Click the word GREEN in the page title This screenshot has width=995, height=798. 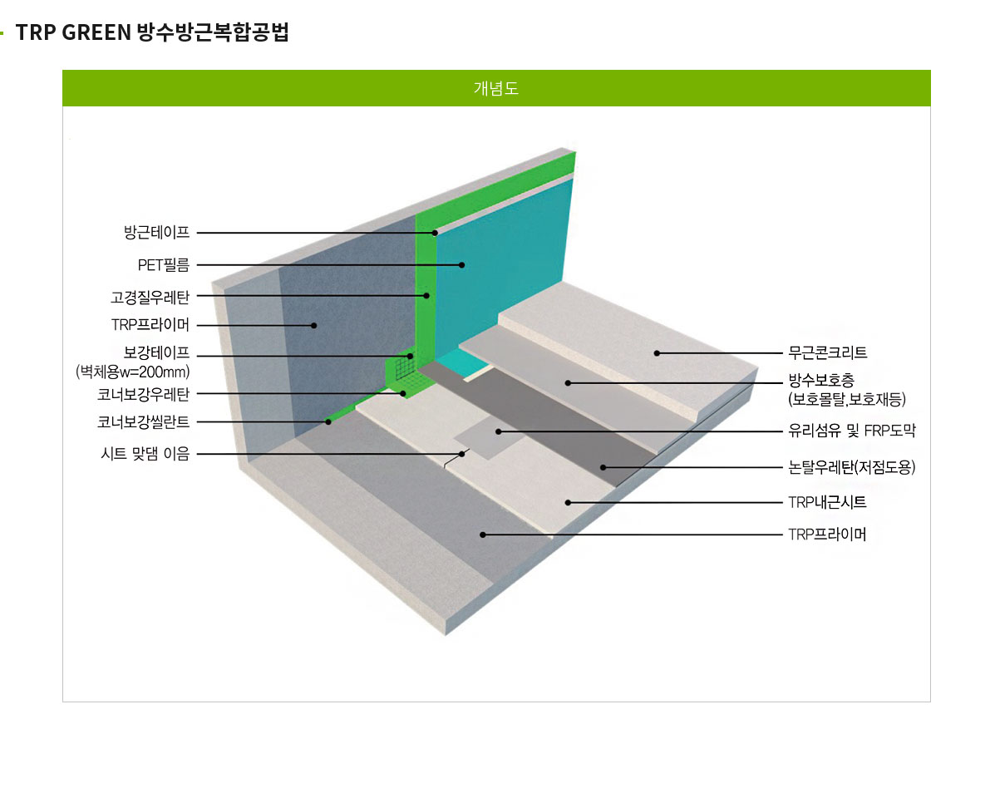(x=96, y=32)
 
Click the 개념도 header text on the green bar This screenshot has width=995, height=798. (x=496, y=88)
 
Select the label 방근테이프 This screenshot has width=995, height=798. (x=157, y=232)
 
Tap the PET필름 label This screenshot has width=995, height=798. (x=164, y=264)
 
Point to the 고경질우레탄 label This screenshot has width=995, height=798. (x=150, y=296)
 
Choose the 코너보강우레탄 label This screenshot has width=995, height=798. (x=144, y=394)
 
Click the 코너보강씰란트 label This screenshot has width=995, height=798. (x=144, y=421)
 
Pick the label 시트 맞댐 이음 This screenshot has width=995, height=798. (x=145, y=454)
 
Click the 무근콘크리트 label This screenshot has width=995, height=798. (x=827, y=352)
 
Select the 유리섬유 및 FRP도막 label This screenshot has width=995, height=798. (x=851, y=431)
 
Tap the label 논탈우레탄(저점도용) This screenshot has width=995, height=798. (x=851, y=467)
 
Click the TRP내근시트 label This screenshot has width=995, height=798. (x=827, y=502)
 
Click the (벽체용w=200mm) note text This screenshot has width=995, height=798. (x=133, y=372)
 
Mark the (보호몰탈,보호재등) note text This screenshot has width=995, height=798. (x=846, y=399)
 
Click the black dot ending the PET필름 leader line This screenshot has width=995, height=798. (x=462, y=264)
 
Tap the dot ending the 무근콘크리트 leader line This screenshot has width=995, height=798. (x=658, y=352)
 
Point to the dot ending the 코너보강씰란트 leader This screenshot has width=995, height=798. (x=328, y=421)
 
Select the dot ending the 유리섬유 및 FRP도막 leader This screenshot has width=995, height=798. (x=499, y=431)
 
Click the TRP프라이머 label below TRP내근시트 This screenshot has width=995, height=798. (x=827, y=534)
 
